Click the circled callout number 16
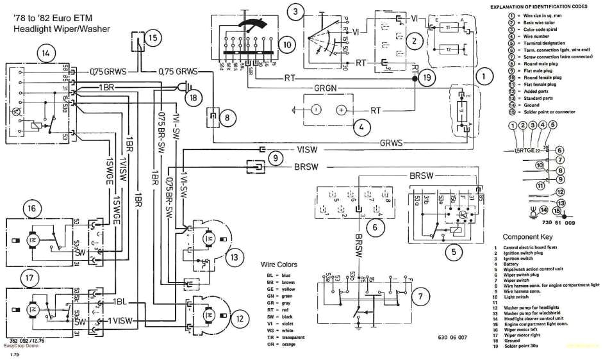pyautogui.click(x=31, y=208)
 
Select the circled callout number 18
pyautogui.click(x=193, y=97)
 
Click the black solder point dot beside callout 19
pyautogui.click(x=414, y=78)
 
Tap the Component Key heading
pyautogui.click(x=528, y=236)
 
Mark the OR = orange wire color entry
pyautogui.click(x=283, y=345)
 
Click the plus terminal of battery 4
pyautogui.click(x=341, y=110)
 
